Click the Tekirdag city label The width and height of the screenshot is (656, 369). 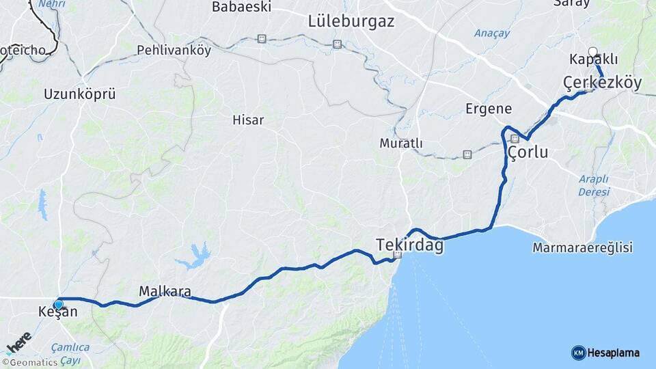coord(409,244)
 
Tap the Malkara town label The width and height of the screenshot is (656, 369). coord(165,292)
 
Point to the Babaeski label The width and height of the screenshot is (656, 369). coord(241,7)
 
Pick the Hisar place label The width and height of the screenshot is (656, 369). coord(248,120)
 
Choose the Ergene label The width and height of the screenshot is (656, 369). coord(489,109)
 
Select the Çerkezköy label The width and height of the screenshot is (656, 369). coord(602,83)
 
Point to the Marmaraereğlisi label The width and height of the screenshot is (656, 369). coord(583,247)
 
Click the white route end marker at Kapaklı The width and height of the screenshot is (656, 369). coord(592,51)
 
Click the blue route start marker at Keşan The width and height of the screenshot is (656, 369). coord(59,305)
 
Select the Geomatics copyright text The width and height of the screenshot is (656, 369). coord(29,363)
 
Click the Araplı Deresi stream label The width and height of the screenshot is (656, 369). coord(593,185)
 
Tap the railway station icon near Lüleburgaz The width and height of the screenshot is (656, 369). coord(337,44)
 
